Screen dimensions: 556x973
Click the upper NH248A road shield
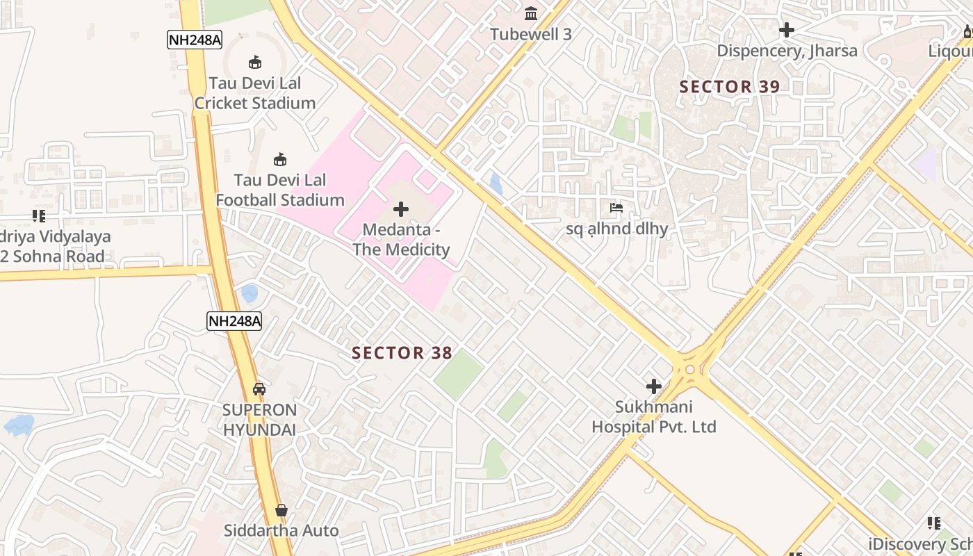(195, 40)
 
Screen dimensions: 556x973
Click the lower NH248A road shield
(234, 321)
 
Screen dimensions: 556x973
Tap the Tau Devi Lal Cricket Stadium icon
(255, 63)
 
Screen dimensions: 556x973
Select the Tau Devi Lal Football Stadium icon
(280, 160)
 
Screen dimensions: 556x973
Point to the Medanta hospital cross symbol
(401, 208)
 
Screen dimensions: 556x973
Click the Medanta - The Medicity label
(401, 240)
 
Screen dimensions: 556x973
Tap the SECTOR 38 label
(402, 353)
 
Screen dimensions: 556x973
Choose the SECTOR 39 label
(730, 87)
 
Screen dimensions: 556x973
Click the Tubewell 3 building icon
(532, 13)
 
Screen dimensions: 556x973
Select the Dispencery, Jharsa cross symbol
(787, 30)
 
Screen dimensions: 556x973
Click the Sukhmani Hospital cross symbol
(654, 386)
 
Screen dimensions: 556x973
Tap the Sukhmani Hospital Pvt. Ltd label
(653, 417)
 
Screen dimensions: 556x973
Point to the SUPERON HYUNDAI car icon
(259, 389)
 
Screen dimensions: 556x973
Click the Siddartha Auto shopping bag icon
(281, 511)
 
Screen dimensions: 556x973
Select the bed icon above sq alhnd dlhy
(616, 208)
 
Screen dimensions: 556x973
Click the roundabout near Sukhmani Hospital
(690, 370)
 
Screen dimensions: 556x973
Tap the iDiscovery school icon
(934, 523)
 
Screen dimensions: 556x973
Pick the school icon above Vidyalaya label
(39, 216)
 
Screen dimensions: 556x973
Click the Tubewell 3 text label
(531, 35)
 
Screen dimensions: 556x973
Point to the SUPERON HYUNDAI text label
(259, 420)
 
